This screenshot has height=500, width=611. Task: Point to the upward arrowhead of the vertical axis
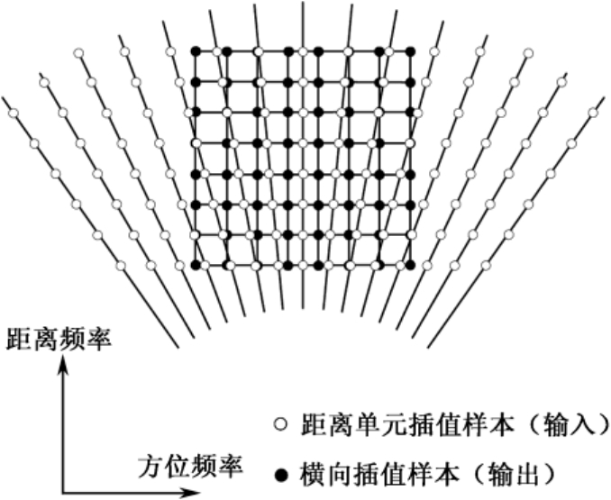pyautogui.click(x=63, y=363)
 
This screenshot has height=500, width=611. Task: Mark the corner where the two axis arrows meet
pyautogui.click(x=63, y=493)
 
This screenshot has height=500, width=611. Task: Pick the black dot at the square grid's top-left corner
pyautogui.click(x=195, y=50)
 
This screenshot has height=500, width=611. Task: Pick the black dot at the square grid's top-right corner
pyautogui.click(x=411, y=50)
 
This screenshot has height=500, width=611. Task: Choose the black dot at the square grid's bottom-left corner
pyautogui.click(x=195, y=265)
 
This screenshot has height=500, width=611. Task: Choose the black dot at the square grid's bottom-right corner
pyautogui.click(x=411, y=265)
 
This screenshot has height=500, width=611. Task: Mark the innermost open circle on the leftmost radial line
pyautogui.click(x=121, y=267)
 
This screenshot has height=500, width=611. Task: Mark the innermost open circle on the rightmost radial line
pyautogui.click(x=487, y=266)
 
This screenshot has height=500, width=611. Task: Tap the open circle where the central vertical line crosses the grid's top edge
pyautogui.click(x=303, y=50)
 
